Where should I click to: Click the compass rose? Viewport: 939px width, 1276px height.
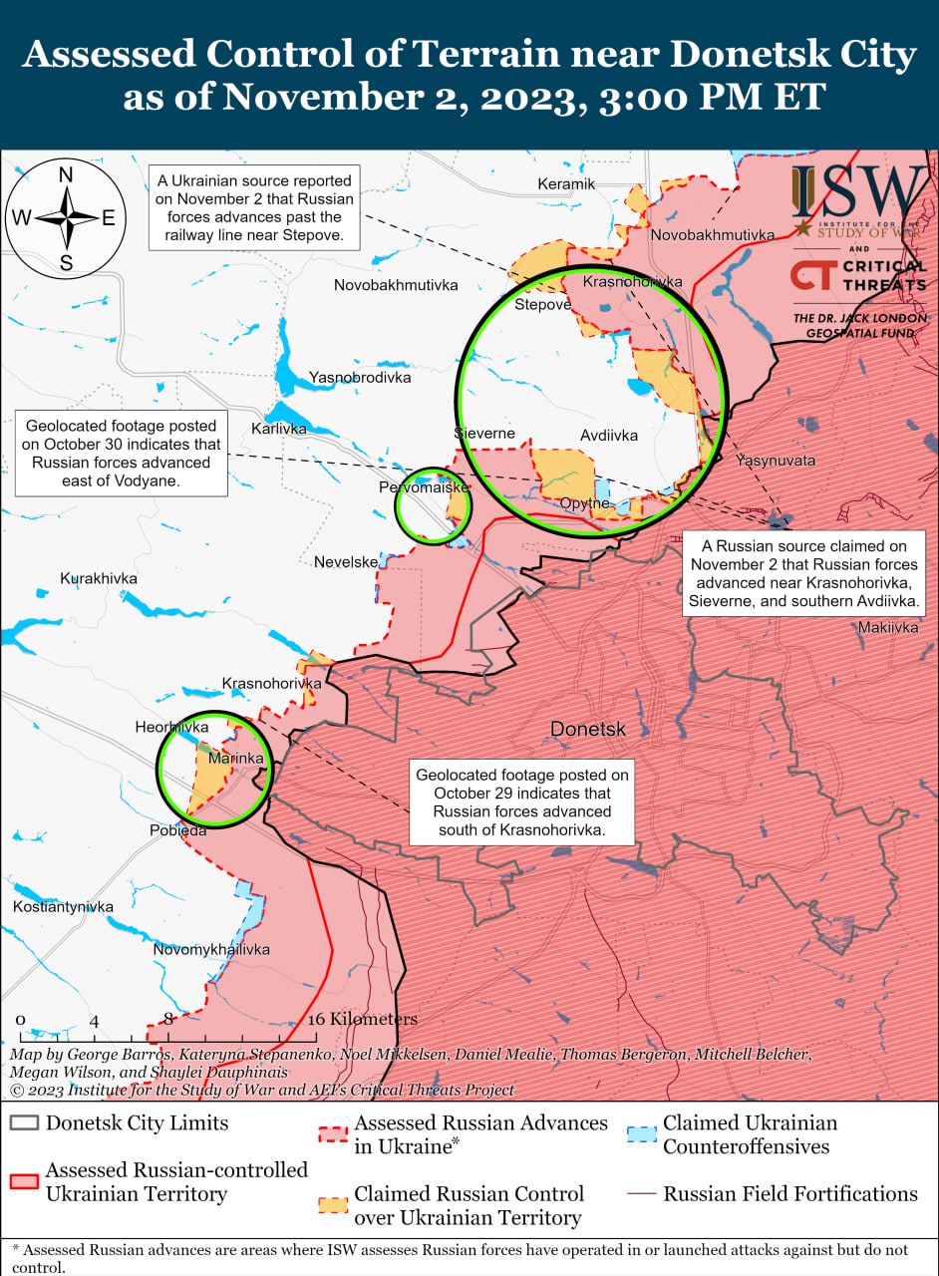pos(66,217)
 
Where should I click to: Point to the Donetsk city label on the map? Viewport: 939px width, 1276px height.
pos(588,729)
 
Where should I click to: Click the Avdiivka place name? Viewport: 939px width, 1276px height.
pos(609,435)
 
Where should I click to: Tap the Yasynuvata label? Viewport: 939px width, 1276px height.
pos(776,461)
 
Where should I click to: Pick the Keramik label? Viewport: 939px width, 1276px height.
pos(566,183)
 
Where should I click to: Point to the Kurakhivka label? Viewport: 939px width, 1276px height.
pos(99,578)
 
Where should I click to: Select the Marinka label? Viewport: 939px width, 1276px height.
pos(236,759)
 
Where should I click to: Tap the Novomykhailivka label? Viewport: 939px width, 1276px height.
pos(211,949)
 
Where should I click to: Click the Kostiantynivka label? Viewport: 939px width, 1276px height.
pos(64,906)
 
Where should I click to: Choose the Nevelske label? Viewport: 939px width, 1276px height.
pos(346,562)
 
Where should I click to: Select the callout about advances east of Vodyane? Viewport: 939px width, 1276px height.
pos(118,453)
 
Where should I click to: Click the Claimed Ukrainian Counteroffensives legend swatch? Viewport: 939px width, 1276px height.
pos(642,1134)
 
